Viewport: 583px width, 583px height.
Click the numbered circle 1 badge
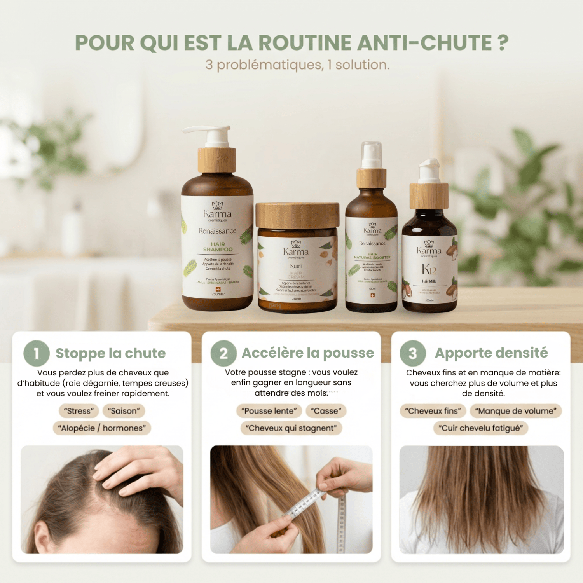pos(37,353)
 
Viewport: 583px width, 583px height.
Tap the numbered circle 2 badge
pos(223,353)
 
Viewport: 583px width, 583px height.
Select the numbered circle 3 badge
pos(413,353)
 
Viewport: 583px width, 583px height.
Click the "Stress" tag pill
pos(79,411)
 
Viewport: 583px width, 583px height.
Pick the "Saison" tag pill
pos(124,411)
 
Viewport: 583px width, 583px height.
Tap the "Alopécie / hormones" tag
pos(102,428)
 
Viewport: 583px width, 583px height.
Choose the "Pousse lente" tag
pos(269,411)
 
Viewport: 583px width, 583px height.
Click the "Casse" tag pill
pos(326,411)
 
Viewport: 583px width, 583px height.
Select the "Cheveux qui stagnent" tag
pos(291,428)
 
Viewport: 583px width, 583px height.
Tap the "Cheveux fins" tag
pos(433,411)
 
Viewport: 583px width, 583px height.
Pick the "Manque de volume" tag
pos(515,411)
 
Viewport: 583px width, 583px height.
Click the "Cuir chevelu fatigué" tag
pos(480,428)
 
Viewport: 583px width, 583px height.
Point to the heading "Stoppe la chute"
pos(111,353)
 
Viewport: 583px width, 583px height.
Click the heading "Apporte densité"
pos(491,353)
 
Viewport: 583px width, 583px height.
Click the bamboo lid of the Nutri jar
pos(297,215)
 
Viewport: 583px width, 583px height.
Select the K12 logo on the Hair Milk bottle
pos(429,269)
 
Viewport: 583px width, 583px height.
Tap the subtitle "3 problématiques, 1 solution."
pos(297,65)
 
